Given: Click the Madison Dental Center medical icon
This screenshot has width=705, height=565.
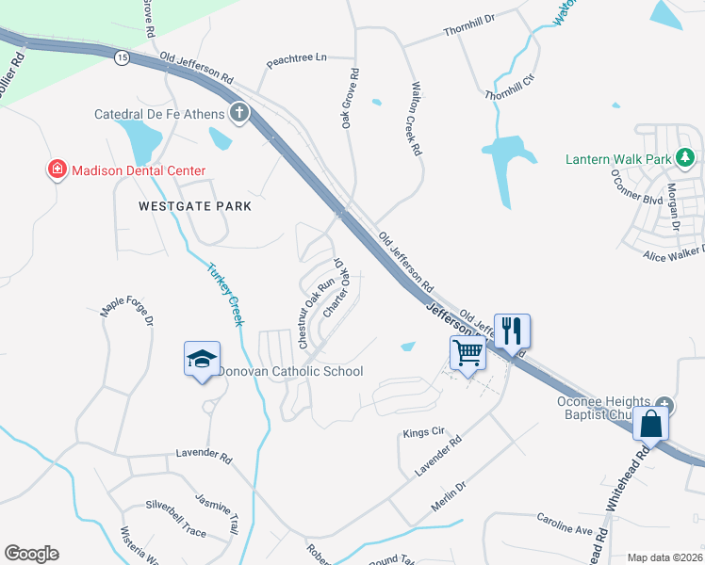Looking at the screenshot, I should click(x=57, y=170).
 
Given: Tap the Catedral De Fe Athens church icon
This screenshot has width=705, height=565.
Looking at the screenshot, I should click(x=239, y=114).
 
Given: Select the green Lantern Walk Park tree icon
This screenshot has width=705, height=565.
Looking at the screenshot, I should click(x=689, y=158).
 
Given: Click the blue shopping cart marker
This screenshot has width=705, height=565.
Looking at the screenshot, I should click(x=468, y=354).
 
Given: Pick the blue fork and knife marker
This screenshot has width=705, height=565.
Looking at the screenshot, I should click(x=512, y=331).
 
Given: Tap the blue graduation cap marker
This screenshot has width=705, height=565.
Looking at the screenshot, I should click(x=202, y=359).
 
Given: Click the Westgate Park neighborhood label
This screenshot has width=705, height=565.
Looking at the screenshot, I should click(x=195, y=206).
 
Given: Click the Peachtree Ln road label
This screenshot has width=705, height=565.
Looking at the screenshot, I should click(x=296, y=58).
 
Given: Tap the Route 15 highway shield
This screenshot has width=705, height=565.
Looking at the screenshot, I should click(x=122, y=58).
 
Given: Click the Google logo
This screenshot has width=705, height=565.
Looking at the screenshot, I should click(x=31, y=554).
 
